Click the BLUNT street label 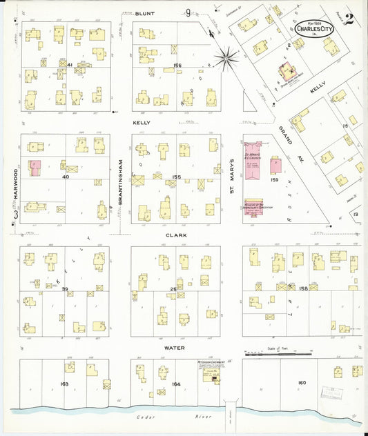tap(144, 13)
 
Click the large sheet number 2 tap(349, 19)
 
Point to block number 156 tap(177, 67)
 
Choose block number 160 tap(302, 383)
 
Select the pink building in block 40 tap(35, 169)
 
